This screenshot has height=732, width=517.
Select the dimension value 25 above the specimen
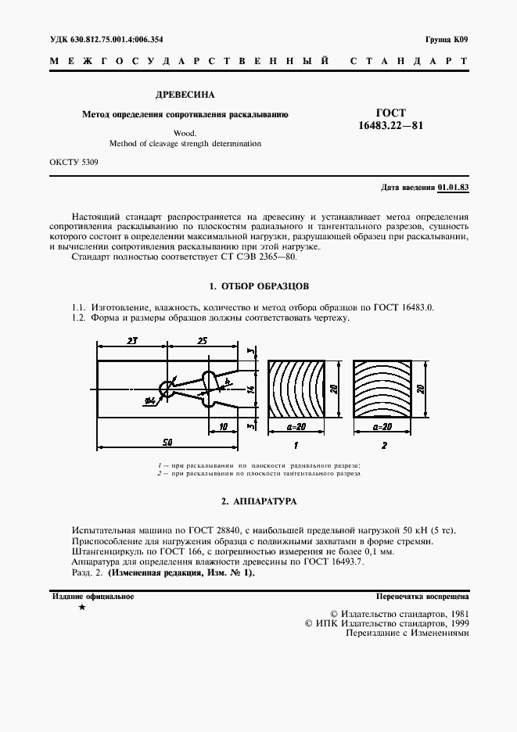click(x=202, y=341)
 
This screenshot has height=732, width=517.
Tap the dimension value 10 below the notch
click(x=224, y=426)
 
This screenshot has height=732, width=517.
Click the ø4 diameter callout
click(x=149, y=401)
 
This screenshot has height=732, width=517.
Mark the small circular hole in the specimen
click(x=166, y=388)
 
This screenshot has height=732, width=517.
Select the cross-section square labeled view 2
click(x=382, y=389)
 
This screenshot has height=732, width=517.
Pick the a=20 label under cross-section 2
click(x=382, y=428)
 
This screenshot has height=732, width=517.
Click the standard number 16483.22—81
click(x=391, y=126)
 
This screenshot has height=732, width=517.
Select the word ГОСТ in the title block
click(x=392, y=113)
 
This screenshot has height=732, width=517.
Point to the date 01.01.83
click(x=453, y=188)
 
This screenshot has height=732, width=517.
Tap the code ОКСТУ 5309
click(x=74, y=162)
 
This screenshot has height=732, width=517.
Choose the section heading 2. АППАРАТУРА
click(x=257, y=500)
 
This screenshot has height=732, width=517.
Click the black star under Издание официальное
click(x=81, y=608)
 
